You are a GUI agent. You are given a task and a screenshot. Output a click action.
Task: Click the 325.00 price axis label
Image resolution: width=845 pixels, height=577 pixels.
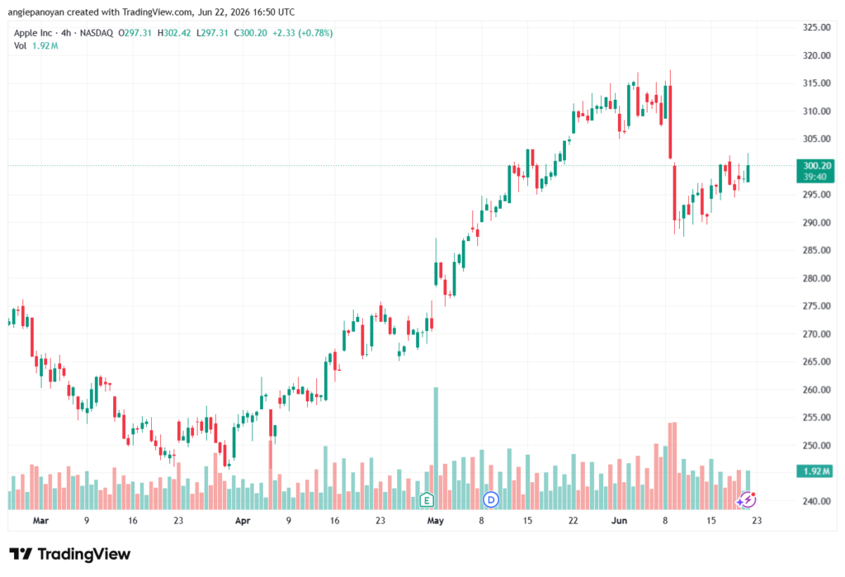(x=816, y=27)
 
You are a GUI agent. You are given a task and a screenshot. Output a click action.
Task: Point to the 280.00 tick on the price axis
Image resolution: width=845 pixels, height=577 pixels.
(x=816, y=278)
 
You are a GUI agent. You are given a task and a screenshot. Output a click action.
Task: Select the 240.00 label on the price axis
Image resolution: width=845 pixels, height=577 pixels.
(x=816, y=501)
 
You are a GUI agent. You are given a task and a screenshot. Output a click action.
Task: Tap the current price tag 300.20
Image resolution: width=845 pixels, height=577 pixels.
(x=816, y=166)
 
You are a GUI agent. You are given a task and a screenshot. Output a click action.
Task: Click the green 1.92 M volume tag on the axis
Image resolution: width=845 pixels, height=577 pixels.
(x=816, y=471)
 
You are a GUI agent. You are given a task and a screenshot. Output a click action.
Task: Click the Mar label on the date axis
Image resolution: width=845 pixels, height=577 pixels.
(x=40, y=521)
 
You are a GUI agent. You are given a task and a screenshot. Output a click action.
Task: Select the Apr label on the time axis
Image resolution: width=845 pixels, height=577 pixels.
(x=243, y=521)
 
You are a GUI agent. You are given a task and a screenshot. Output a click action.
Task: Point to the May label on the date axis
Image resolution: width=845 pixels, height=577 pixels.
(x=435, y=521)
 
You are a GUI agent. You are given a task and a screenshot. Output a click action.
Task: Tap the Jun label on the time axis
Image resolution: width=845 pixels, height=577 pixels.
(x=619, y=521)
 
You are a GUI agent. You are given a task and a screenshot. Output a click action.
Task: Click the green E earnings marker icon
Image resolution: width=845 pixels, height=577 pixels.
(x=427, y=500)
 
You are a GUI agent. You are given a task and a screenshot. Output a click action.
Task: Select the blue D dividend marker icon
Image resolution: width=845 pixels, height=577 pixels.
(x=490, y=500)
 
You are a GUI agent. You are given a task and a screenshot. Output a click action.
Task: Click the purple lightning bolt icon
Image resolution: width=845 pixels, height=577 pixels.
(x=746, y=500)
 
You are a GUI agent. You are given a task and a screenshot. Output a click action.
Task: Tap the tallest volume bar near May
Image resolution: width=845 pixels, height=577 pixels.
(x=436, y=448)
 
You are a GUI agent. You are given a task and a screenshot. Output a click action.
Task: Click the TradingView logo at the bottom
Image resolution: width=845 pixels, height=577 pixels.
(x=70, y=555)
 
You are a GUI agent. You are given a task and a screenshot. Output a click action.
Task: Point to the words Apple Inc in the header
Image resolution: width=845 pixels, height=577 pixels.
(x=33, y=33)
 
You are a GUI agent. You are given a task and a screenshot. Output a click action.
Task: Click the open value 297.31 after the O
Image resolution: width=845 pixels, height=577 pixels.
(x=138, y=33)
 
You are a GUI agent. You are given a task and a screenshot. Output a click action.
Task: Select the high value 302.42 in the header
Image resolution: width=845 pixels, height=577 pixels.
(x=177, y=33)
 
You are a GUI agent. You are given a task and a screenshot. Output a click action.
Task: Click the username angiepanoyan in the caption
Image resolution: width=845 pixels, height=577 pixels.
(x=36, y=12)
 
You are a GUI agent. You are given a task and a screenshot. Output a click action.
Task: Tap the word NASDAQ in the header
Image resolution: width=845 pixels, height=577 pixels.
(x=97, y=33)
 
